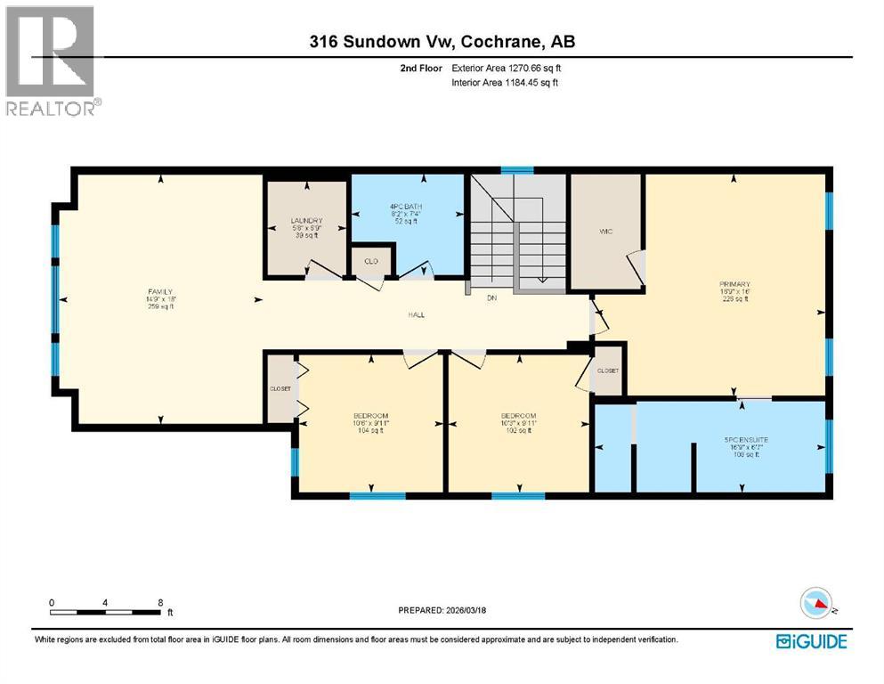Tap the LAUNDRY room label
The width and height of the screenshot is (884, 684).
coord(305,221)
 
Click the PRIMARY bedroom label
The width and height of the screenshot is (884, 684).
coord(734,285)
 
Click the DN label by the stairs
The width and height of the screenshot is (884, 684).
coord(491,299)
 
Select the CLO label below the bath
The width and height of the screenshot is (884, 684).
coord(370,262)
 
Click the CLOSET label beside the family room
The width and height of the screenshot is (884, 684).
coord(280,388)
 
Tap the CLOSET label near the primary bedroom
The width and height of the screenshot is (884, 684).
coord(607,370)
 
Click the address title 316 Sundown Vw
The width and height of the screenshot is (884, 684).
coord(442,42)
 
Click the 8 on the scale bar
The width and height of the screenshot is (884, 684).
coord(159,602)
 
